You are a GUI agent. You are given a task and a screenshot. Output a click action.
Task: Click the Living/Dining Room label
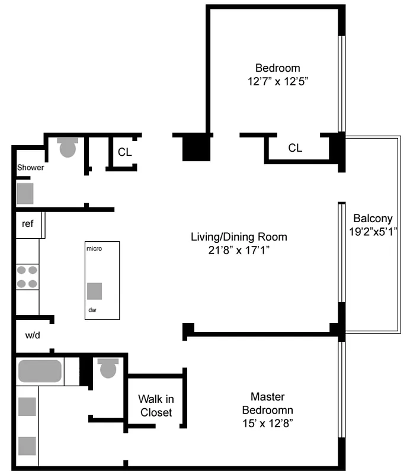click(x=239, y=237)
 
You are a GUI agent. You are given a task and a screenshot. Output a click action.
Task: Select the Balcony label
click(x=372, y=218)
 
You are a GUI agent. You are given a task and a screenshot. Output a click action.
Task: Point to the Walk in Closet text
click(x=155, y=405)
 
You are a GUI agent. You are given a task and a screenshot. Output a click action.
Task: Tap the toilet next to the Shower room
click(x=68, y=147)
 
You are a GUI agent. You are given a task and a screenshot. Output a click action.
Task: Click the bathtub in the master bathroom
click(x=40, y=371)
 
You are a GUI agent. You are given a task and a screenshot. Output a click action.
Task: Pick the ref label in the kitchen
click(x=27, y=224)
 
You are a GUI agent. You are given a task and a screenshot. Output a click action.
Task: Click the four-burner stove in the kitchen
click(x=27, y=277)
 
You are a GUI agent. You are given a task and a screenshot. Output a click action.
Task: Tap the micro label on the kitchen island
click(x=94, y=248)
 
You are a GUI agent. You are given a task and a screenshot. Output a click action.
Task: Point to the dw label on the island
click(x=92, y=310)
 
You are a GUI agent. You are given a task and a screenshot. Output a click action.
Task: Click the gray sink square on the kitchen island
click(x=94, y=291)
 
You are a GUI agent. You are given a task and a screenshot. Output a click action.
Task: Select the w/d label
click(x=33, y=335)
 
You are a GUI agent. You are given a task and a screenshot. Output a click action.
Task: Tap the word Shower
click(x=30, y=168)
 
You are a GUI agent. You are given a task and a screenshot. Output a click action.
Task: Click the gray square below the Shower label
click(x=25, y=193)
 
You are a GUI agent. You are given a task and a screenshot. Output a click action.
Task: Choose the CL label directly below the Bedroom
click(x=295, y=148)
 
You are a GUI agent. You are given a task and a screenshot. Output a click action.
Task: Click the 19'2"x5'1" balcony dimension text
click(x=372, y=232)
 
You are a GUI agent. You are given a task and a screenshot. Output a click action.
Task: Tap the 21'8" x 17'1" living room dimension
click(x=239, y=251)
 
